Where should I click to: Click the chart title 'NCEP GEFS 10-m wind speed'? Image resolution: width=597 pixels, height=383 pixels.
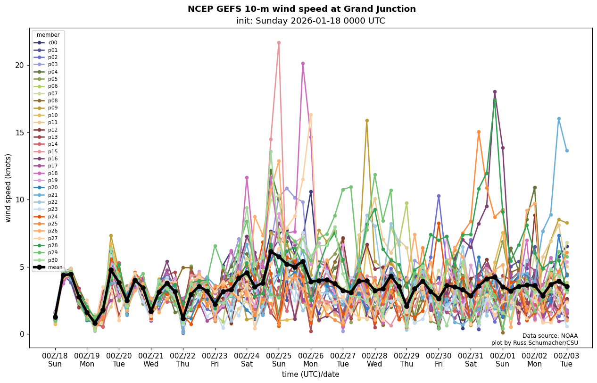(x=302, y=9)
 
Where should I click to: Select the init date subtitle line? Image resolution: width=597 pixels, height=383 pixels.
(x=310, y=21)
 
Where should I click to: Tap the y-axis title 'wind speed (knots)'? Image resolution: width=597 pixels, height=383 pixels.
(x=8, y=188)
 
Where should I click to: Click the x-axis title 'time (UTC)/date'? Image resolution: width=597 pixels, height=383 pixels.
(x=310, y=374)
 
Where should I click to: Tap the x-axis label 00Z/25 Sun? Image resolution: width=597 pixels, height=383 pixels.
(x=279, y=359)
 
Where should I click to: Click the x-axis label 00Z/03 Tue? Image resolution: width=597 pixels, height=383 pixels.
(x=566, y=359)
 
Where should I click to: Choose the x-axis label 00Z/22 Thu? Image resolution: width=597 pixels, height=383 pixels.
(x=183, y=359)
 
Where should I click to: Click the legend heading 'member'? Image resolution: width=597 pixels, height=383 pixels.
(x=48, y=35)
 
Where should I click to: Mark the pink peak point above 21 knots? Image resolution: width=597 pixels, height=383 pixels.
(x=279, y=42)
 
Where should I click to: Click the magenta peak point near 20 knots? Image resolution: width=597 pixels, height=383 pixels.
(x=303, y=63)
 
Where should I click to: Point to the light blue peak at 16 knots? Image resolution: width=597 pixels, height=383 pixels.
(x=559, y=118)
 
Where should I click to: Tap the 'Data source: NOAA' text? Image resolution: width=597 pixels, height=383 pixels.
(x=550, y=336)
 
